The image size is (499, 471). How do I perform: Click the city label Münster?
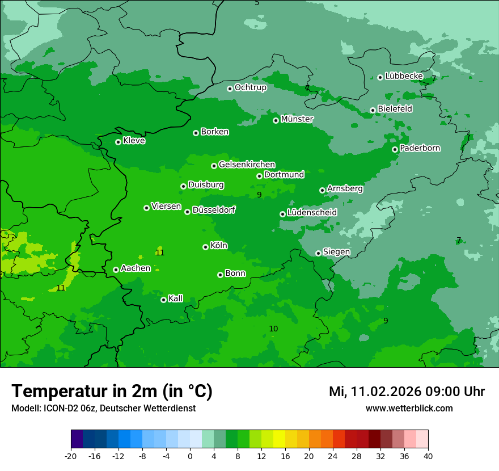[x=297, y=119]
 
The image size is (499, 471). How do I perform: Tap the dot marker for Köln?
[x=205, y=247]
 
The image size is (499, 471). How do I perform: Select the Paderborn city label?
[x=420, y=148]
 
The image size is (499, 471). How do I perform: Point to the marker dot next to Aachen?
[x=116, y=270]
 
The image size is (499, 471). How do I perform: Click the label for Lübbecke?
[x=404, y=76]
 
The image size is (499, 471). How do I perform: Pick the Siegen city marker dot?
[x=318, y=253]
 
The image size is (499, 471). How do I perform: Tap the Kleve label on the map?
[x=134, y=141]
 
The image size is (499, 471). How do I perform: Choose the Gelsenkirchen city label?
[x=247, y=165]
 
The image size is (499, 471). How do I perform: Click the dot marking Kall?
[x=163, y=300]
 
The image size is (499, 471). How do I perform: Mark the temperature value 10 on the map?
[x=273, y=329]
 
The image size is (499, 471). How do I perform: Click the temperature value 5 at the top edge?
[x=257, y=3]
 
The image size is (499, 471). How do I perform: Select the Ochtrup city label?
[x=250, y=87]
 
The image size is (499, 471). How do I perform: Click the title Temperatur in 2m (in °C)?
[x=112, y=391]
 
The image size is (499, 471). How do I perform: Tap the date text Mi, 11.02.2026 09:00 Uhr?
[x=407, y=392]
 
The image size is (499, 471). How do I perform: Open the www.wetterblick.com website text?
[x=409, y=408]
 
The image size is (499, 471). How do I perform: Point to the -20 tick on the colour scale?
[x=71, y=456]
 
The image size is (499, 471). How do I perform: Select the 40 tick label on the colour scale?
[x=428, y=456]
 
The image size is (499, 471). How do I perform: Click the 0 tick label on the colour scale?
[x=190, y=456]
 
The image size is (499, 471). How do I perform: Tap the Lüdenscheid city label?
[x=312, y=213]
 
